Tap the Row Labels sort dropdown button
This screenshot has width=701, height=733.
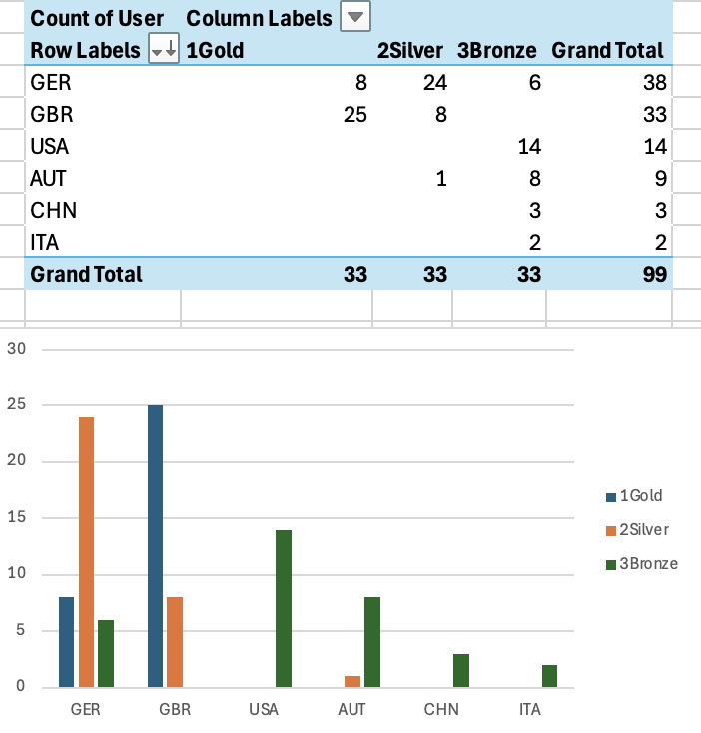coord(163,50)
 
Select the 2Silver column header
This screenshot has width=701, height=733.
coord(410,50)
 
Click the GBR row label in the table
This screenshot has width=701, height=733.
coord(52,114)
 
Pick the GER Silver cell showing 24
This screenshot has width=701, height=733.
coord(433,82)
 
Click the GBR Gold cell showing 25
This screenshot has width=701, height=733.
coord(353,114)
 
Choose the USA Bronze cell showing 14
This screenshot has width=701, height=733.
coord(529,146)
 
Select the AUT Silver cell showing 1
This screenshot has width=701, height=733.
coord(440,178)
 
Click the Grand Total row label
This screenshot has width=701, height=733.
coord(87,274)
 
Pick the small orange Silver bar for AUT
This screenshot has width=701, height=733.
coord(352,681)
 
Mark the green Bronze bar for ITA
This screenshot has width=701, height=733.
coord(549,676)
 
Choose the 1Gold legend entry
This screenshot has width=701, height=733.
coord(639,495)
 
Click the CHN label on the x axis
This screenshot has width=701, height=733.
coord(440,709)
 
